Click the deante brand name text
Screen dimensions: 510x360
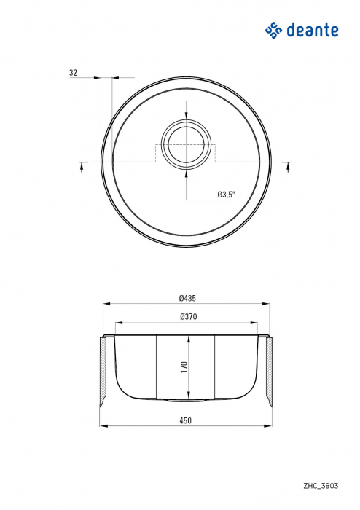313,30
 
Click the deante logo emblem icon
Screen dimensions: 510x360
273,30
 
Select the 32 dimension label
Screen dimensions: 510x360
73,73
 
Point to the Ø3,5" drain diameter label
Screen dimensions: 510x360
225,195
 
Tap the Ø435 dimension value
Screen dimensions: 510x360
187,297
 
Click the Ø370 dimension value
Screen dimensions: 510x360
187,317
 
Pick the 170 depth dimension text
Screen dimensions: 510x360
184,366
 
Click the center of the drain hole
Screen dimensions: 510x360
187,143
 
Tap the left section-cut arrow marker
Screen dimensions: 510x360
81,166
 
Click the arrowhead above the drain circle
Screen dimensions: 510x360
187,119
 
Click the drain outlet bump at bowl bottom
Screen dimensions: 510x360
187,400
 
